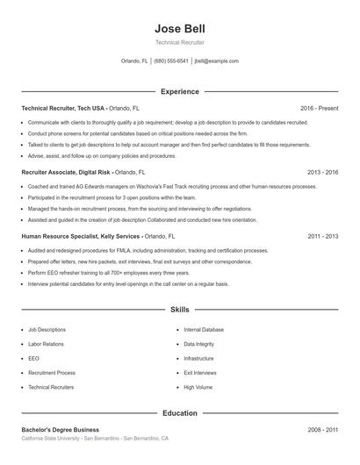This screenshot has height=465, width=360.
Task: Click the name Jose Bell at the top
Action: [x=179, y=27]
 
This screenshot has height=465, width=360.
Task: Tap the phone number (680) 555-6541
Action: [x=171, y=61]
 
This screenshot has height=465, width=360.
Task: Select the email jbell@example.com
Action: [x=216, y=61]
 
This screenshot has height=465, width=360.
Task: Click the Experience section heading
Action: [x=179, y=91]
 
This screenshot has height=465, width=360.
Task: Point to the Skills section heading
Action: [x=179, y=310]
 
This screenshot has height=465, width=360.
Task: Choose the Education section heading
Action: [x=179, y=412]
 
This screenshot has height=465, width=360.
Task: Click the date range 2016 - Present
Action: [x=319, y=108]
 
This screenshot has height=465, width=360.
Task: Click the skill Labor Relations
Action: [x=46, y=344]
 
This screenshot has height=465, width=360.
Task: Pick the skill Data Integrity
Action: [x=199, y=344]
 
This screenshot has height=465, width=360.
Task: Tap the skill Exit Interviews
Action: [x=200, y=372]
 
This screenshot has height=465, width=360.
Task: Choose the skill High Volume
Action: [x=198, y=386]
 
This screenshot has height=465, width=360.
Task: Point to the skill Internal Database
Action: [x=204, y=330]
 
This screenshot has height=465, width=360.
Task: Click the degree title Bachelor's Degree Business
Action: [x=61, y=430]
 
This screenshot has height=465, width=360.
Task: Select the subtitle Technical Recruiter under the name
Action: [x=179, y=42]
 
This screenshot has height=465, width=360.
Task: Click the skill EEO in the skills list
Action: [x=33, y=358]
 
